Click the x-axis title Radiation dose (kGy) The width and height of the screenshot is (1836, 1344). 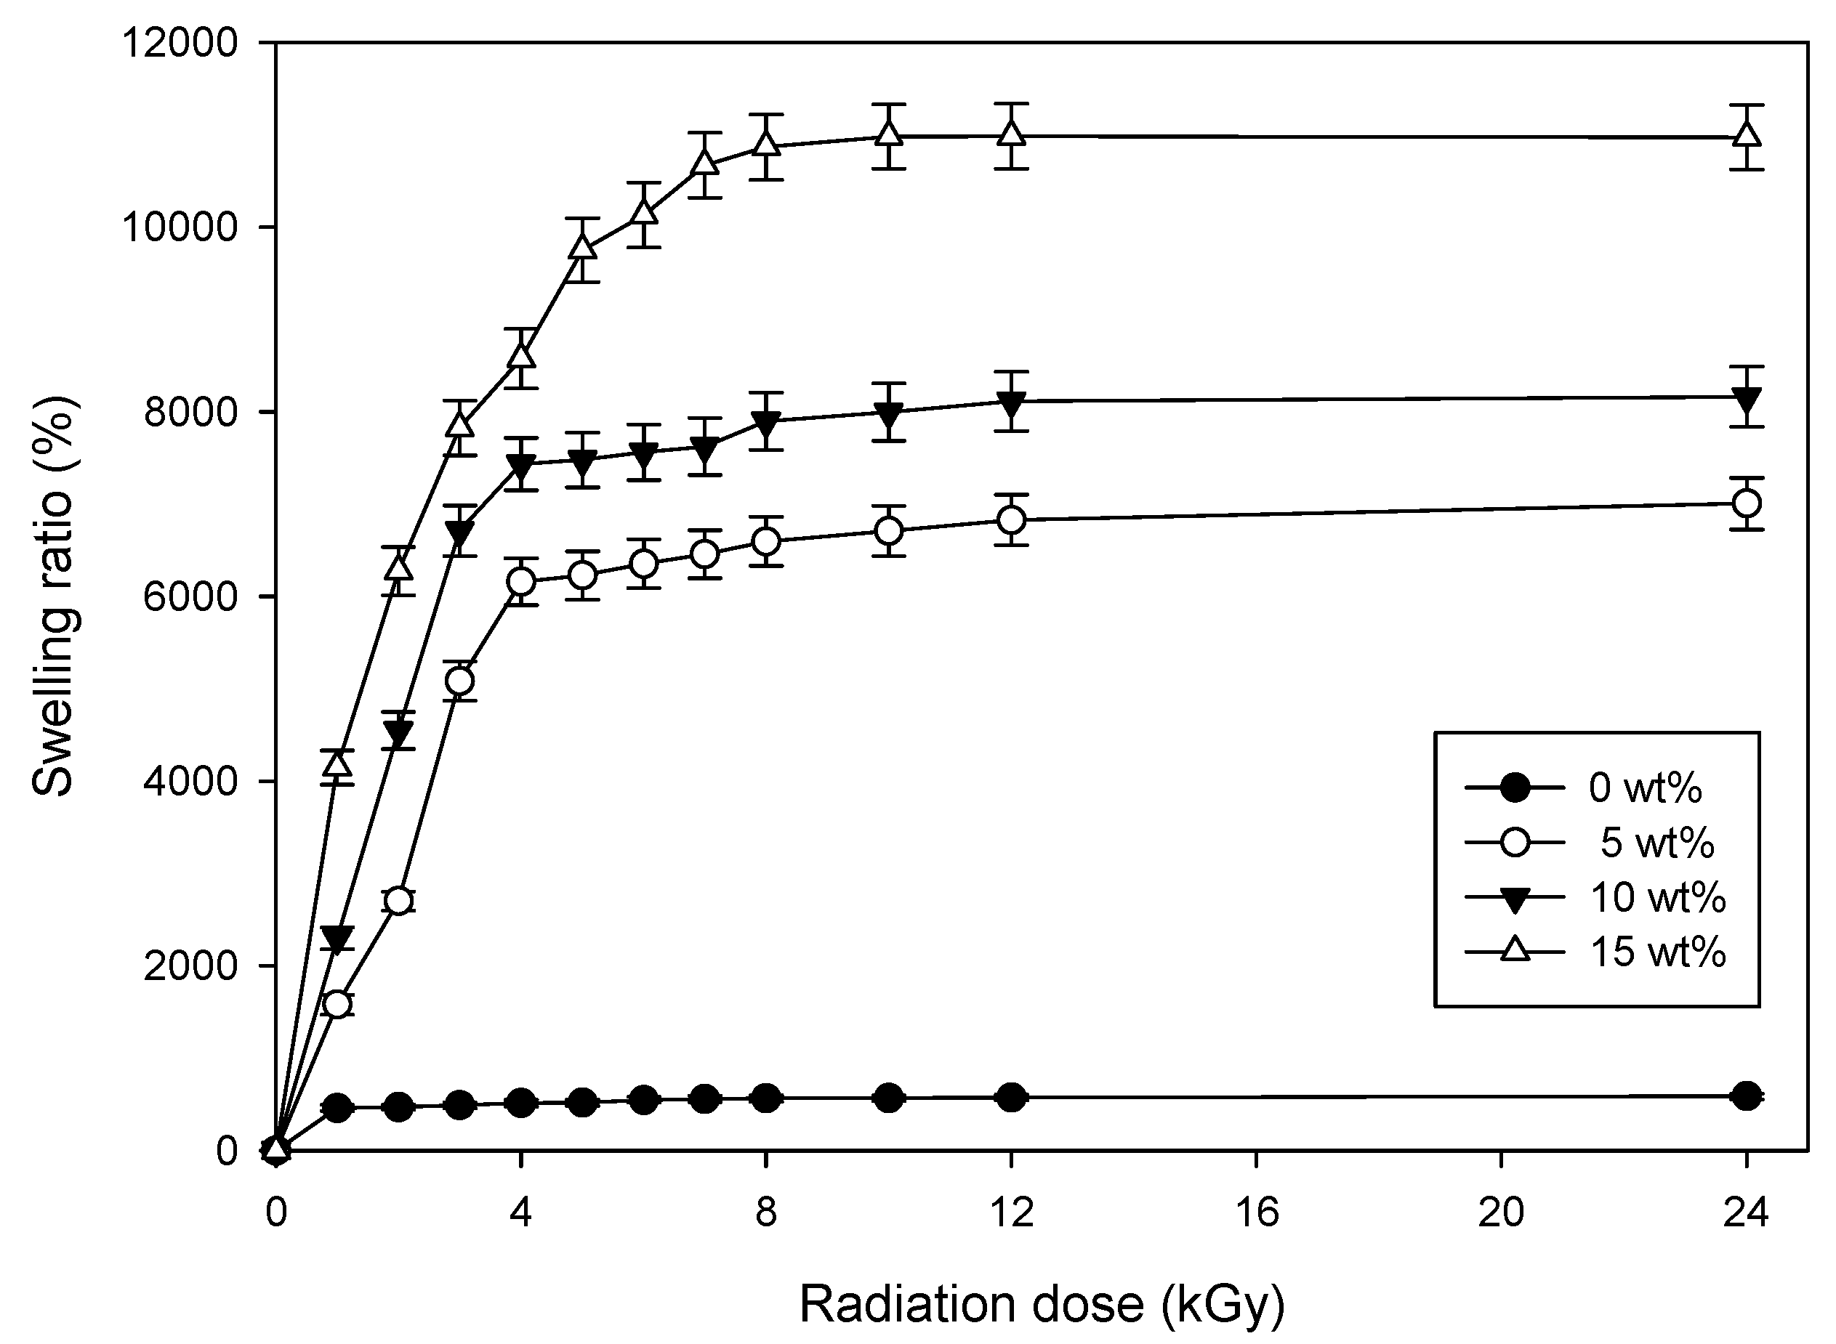coord(1042,1305)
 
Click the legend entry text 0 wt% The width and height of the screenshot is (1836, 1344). coord(1645,788)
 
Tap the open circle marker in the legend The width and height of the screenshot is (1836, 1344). coord(1515,842)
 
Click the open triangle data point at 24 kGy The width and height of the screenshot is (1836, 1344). coord(1746,135)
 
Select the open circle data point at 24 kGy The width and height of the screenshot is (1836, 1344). coord(1746,503)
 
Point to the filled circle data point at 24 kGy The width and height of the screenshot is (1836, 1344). coord(1746,1096)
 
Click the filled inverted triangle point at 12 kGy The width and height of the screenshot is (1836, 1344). coord(1012,402)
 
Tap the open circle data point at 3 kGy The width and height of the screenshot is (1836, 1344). coord(460,680)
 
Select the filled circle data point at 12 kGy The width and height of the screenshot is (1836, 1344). coord(1012,1097)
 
